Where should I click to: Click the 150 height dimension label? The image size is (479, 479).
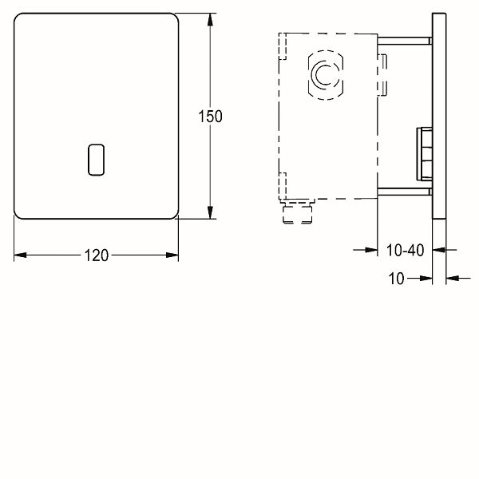(210, 117)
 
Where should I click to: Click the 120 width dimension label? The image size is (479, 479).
(97, 255)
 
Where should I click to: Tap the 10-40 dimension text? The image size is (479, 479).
(405, 250)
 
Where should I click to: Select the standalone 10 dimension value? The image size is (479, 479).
(396, 279)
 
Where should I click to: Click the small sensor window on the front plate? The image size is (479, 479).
(97, 160)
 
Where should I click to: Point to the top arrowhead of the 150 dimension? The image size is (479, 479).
(210, 19)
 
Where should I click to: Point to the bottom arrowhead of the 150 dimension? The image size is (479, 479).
(210, 212)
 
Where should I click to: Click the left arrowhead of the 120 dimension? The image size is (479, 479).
(20, 255)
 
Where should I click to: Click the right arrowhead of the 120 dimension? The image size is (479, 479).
(172, 255)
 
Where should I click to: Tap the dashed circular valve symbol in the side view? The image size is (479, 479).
(326, 75)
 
